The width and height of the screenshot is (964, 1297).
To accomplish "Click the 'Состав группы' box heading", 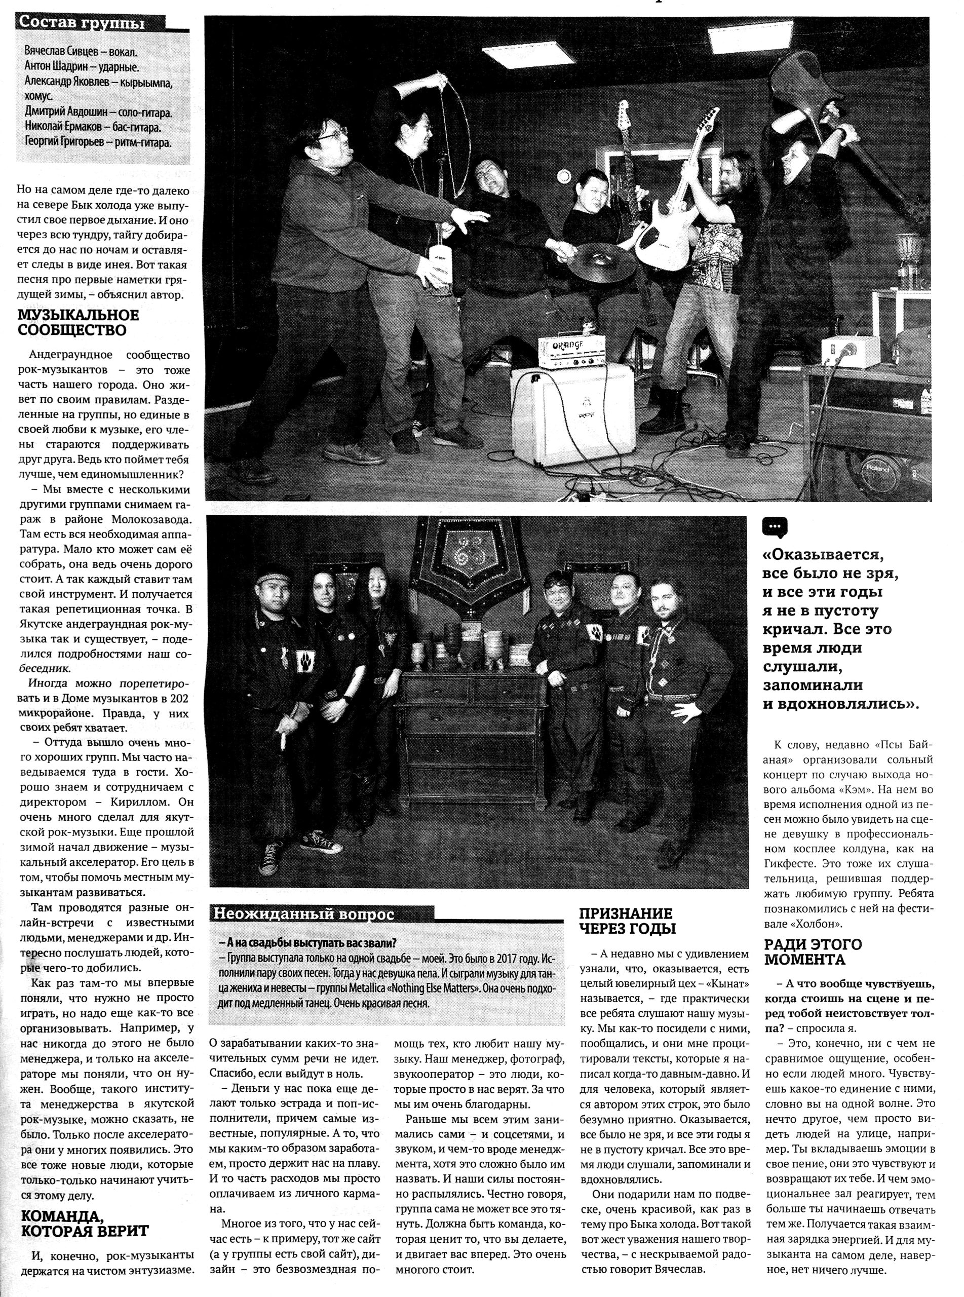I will (x=82, y=23).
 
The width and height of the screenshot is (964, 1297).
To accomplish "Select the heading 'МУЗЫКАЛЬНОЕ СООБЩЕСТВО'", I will (x=80, y=323).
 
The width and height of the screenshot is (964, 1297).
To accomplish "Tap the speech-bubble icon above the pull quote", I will (x=775, y=527).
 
